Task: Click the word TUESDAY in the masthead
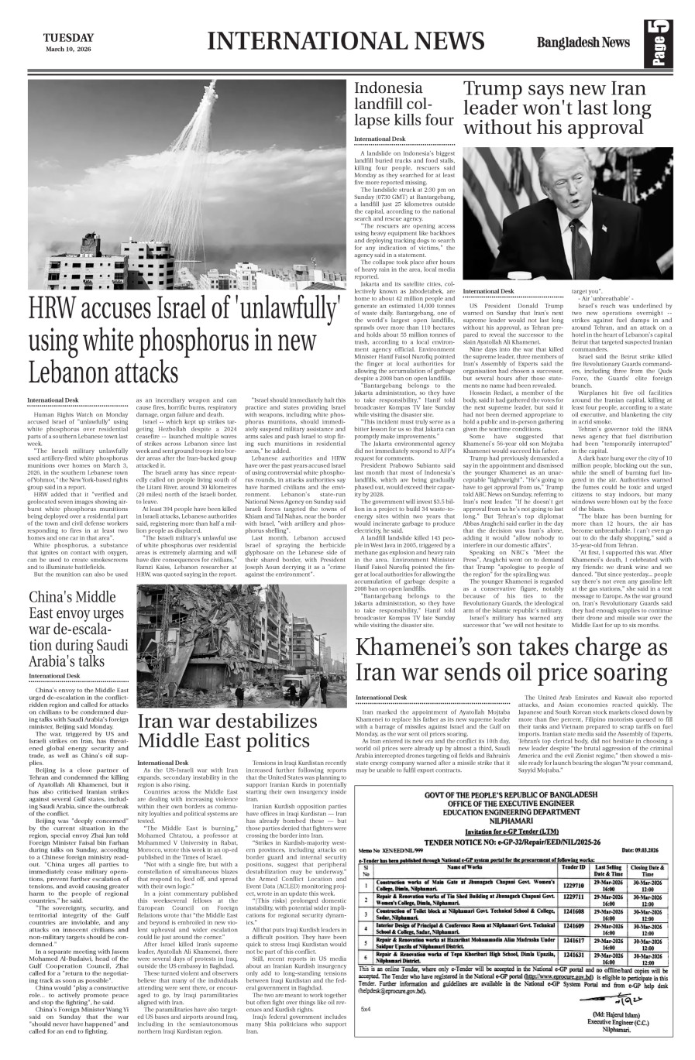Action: [x=68, y=37]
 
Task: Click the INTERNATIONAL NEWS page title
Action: [x=346, y=41]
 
